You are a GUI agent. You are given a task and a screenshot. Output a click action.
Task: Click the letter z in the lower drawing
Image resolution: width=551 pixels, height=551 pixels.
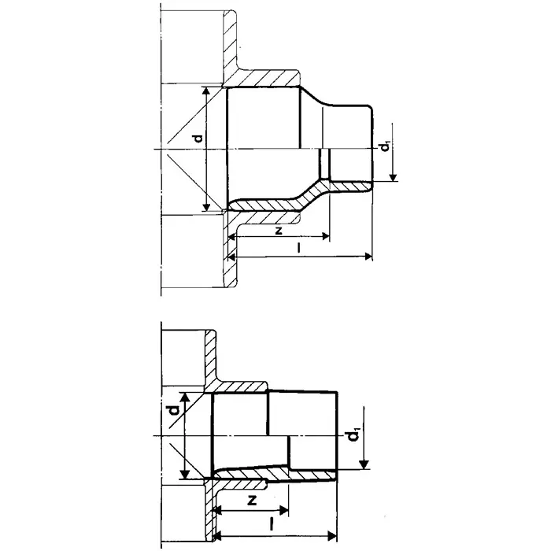click(253, 501)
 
